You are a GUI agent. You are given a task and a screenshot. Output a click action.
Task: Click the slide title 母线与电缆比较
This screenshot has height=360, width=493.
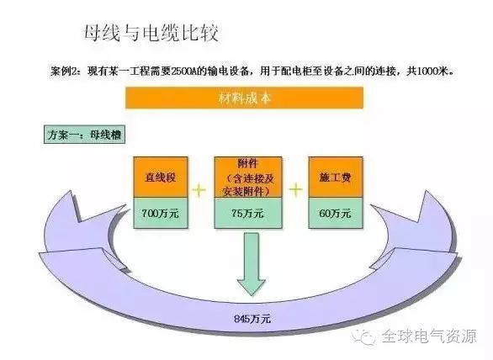point(151,33)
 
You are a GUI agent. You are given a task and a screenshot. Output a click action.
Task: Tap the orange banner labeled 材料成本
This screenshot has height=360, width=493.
point(244,98)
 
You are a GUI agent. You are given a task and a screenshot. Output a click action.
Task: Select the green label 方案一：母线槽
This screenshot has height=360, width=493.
point(84,135)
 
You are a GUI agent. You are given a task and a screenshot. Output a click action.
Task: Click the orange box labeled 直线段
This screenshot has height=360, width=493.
point(161,177)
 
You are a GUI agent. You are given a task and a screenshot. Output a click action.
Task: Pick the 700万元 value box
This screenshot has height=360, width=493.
point(161,213)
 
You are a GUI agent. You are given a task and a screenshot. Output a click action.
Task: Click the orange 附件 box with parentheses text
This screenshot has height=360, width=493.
point(248,177)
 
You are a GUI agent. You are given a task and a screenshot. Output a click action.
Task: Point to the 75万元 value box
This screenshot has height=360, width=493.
point(248,213)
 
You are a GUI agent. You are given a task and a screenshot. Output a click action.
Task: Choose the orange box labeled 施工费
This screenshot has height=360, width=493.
point(336,177)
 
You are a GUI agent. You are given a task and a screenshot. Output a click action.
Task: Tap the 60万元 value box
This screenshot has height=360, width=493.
point(336,213)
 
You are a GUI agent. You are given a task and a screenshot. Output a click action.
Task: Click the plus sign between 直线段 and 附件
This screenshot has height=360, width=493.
point(199,189)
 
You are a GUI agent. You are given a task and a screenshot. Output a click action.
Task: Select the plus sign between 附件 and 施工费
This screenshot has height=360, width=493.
point(295,189)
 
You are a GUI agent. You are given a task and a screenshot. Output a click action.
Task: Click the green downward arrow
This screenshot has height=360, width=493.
point(252,264)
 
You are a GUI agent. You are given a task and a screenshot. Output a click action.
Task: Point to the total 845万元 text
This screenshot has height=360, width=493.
point(252,319)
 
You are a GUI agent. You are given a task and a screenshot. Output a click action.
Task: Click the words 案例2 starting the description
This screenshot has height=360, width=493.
point(61,71)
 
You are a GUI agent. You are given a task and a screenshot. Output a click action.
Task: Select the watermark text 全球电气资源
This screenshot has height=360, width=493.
point(430,336)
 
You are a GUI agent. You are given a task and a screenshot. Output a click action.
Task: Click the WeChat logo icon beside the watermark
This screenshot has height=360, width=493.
point(363,336)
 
